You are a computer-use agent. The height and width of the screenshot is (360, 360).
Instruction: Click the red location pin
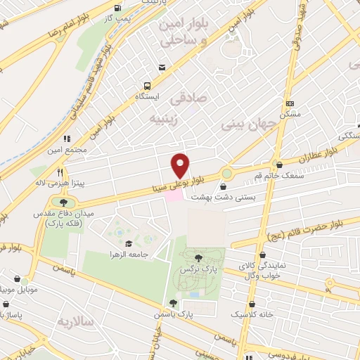pyautogui.click(x=181, y=165)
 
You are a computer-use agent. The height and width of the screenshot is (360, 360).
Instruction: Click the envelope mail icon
pyautogui.click(x=162, y=67)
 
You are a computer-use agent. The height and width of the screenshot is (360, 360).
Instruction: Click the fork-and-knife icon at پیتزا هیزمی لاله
pyautogui.click(x=60, y=172)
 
